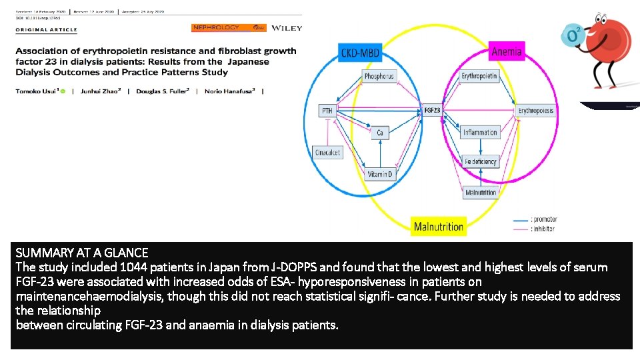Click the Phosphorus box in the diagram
point(379,77)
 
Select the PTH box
point(327,111)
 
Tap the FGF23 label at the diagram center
point(432,110)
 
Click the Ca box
point(379,133)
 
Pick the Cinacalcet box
point(327,153)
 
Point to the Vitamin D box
point(380,174)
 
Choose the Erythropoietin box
point(479,77)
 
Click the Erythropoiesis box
point(536,111)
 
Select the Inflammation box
point(480,133)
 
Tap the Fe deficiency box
point(481,161)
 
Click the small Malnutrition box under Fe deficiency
point(481,193)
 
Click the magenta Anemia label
point(507,51)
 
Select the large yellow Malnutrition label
point(438,227)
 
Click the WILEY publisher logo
point(287,28)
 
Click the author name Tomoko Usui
point(37,91)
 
